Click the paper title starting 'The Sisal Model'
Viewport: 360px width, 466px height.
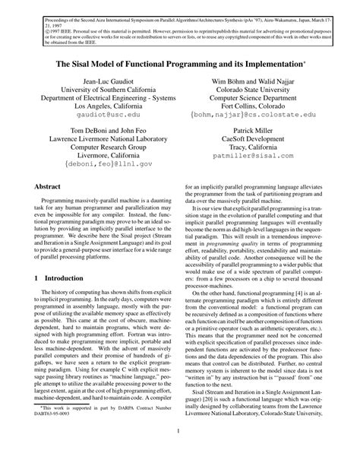coord(180,65)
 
